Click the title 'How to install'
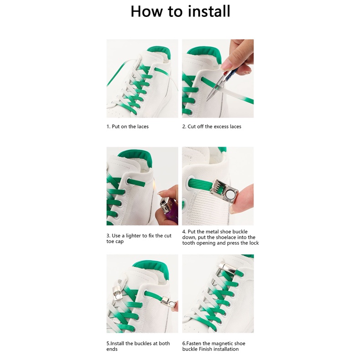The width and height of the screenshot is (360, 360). click(180, 11)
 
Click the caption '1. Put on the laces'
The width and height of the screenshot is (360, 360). click(128, 127)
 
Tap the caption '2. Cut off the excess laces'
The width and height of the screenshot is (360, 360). click(212, 127)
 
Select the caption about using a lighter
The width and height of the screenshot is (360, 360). click(139, 238)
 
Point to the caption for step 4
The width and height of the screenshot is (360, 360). click(221, 237)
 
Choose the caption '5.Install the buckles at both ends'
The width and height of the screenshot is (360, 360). click(138, 346)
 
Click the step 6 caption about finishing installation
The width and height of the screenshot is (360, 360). click(214, 346)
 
